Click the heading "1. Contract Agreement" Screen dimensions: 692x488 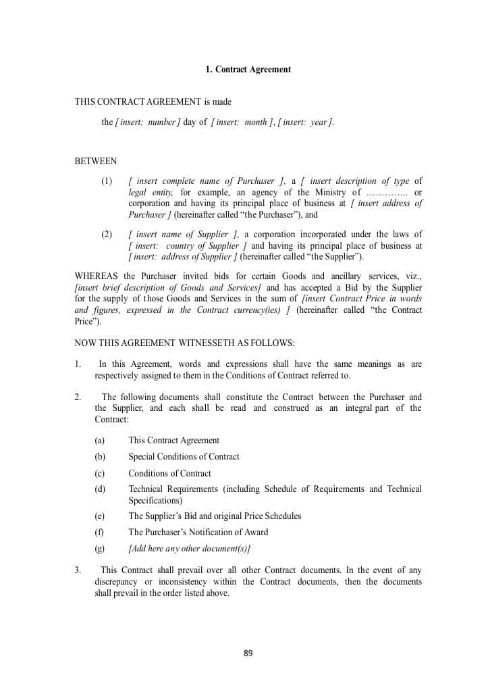[248, 70]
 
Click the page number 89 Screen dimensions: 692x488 [248, 653]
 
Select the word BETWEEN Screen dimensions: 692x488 [95, 162]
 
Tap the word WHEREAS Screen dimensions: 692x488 [95, 276]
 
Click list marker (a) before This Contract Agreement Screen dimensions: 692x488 [100, 441]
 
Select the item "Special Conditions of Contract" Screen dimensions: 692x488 [184, 457]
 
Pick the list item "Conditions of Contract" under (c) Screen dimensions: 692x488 [169, 474]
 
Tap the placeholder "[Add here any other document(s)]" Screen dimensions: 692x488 [190, 549]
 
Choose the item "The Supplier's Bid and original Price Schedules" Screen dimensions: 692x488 [215, 516]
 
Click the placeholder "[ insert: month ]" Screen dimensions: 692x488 [242, 122]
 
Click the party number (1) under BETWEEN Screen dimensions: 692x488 [107, 181]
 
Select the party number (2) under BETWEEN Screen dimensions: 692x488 [107, 234]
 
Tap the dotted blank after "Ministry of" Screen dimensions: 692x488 [386, 193]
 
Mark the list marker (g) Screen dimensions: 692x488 [100, 549]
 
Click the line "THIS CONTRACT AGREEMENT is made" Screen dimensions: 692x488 [153, 102]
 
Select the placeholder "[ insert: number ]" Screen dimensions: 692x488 [148, 122]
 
